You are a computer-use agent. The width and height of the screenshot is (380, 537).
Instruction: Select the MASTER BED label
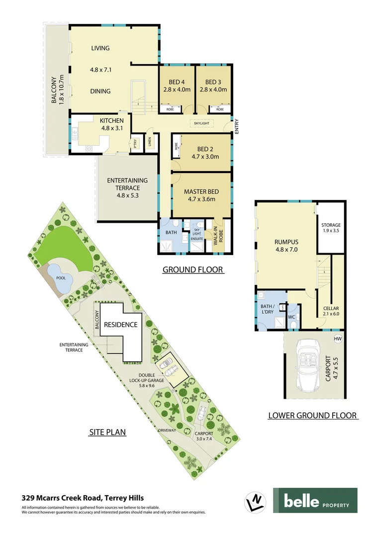pyautogui.click(x=201, y=191)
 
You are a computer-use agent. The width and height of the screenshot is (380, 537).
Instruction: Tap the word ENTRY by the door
pyautogui.click(x=237, y=126)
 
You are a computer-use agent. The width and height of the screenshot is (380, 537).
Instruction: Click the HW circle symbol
pyautogui.click(x=338, y=339)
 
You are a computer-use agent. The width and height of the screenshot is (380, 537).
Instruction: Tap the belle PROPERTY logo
pyautogui.click(x=315, y=501)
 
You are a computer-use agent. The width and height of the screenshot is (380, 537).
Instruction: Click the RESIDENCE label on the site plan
pyautogui.click(x=120, y=325)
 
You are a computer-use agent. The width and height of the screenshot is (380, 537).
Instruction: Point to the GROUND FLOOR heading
pyautogui.click(x=193, y=270)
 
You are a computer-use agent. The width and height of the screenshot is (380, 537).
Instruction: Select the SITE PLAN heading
pyautogui.click(x=107, y=433)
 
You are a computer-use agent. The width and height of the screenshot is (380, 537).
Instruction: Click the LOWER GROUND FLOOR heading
pyautogui.click(x=313, y=415)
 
